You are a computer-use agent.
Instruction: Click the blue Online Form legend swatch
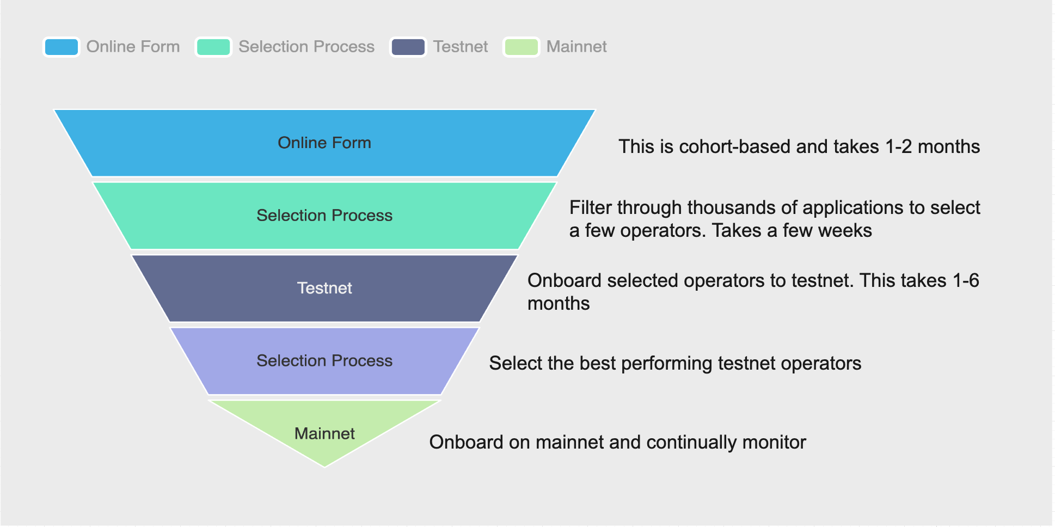pos(62,47)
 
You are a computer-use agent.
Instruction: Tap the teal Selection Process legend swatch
pos(213,47)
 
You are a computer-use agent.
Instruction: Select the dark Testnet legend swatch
pos(408,47)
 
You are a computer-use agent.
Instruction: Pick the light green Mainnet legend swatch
pos(522,47)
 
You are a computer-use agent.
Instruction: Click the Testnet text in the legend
pos(461,47)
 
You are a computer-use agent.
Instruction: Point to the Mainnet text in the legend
pos(576,47)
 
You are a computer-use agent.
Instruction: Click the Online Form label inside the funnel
pos(324,143)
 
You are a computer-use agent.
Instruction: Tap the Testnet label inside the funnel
pos(324,288)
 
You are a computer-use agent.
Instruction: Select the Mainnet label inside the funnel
pos(324,433)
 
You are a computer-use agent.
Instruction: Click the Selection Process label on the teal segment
pos(324,216)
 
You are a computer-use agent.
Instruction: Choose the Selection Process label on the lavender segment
pos(324,361)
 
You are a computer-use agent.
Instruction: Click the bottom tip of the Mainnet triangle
pos(325,467)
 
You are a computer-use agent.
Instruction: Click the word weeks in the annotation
pos(847,231)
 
